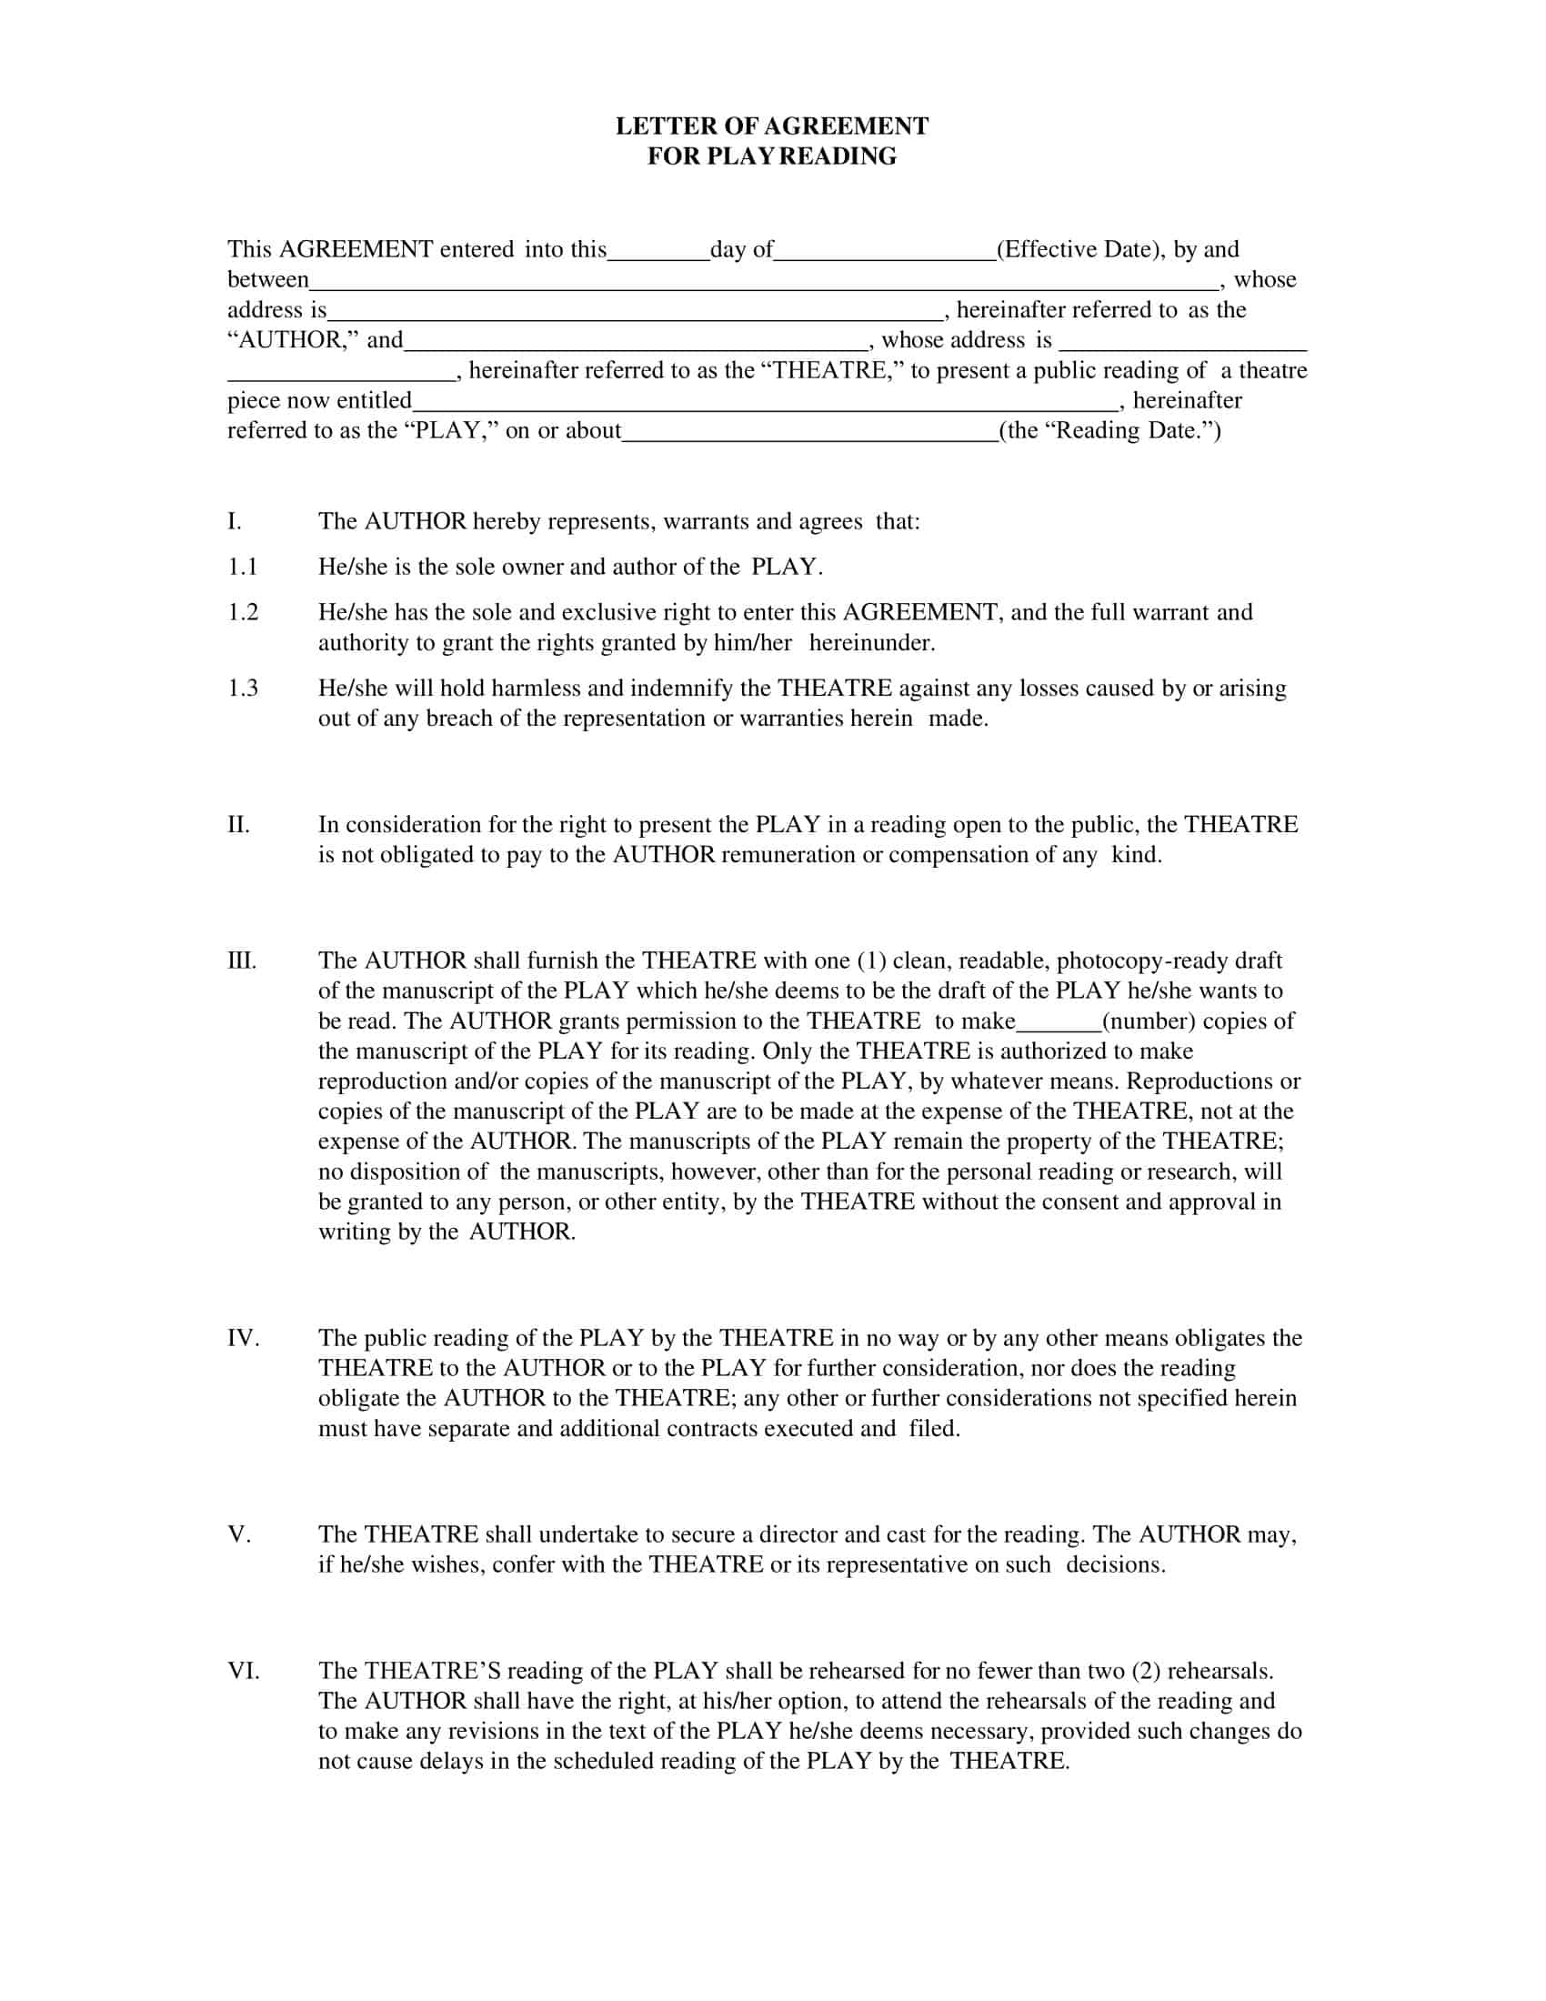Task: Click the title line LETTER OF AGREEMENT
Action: point(772,126)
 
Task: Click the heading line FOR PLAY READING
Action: point(772,156)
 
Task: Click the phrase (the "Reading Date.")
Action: point(1110,430)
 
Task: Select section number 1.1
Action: point(243,568)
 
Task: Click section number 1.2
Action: point(243,612)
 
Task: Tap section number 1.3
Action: point(243,689)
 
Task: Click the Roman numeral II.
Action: point(238,825)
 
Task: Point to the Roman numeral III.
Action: point(242,960)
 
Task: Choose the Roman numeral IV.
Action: point(244,1338)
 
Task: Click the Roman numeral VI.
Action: point(244,1670)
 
